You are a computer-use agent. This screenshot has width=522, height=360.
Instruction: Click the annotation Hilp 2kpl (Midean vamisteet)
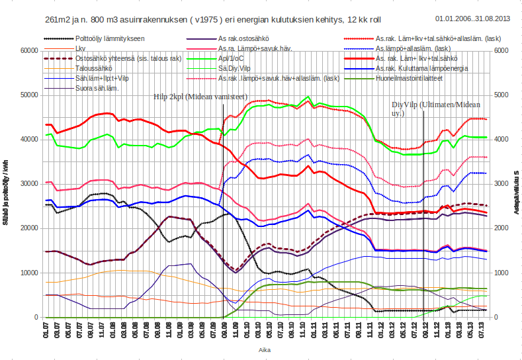(x=200, y=97)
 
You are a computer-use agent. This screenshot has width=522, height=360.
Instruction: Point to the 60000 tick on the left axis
(x=26, y=50)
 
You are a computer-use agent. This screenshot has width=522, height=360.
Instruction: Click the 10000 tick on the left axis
(x=26, y=273)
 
